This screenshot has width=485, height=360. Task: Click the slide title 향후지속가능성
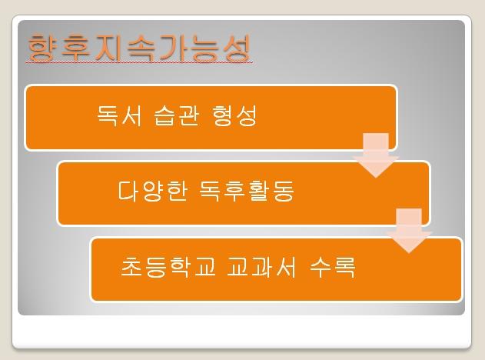pyautogui.click(x=139, y=47)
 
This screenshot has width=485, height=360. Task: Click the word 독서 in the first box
pyautogui.click(x=119, y=115)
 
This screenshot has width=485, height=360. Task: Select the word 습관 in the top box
pyautogui.click(x=176, y=115)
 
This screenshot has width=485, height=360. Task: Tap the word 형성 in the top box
pyautogui.click(x=234, y=115)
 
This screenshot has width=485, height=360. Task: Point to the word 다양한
pyautogui.click(x=153, y=191)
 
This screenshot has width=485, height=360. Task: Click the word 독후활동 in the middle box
pyautogui.click(x=247, y=191)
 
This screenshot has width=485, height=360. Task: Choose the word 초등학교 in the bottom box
pyautogui.click(x=168, y=266)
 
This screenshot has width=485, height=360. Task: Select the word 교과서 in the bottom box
pyautogui.click(x=261, y=266)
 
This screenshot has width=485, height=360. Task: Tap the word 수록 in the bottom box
pyautogui.click(x=333, y=266)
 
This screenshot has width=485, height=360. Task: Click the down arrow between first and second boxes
pyautogui.click(x=376, y=155)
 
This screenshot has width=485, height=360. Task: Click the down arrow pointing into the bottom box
pyautogui.click(x=409, y=231)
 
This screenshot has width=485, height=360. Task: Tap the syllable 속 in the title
pyautogui.click(x=141, y=48)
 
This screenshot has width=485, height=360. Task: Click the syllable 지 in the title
pyautogui.click(x=108, y=48)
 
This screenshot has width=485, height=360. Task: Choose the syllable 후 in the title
pyautogui.click(x=75, y=48)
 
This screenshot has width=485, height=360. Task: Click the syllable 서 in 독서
pyautogui.click(x=131, y=115)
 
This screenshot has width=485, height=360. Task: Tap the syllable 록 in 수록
pyautogui.click(x=344, y=266)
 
